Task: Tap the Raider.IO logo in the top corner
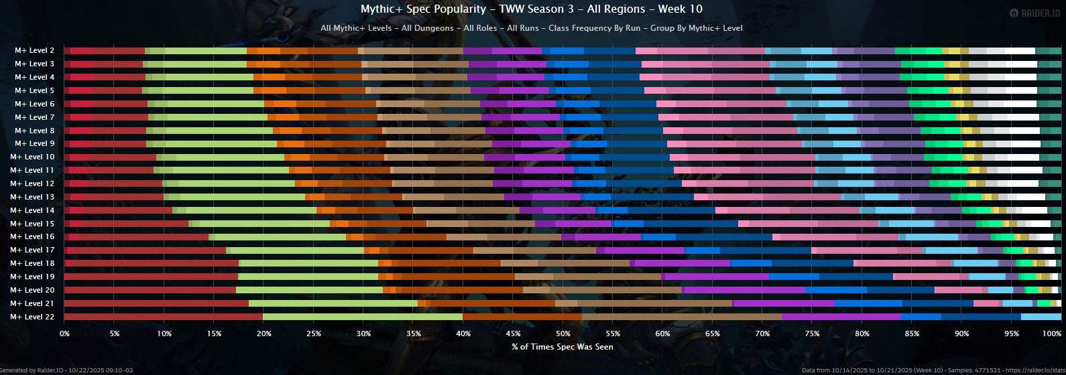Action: point(1036,13)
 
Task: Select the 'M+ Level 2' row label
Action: point(35,51)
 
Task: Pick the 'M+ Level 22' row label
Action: point(32,317)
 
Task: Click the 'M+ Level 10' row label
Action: point(32,157)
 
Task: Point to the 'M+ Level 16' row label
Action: point(32,237)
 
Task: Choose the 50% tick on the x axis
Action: point(563,333)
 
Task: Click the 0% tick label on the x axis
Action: point(64,333)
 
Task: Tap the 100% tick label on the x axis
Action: point(1052,333)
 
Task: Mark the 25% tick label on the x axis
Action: point(314,333)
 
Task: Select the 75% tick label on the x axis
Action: point(813,333)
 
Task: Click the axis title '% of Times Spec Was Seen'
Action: point(562,347)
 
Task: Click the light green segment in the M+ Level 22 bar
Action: point(363,317)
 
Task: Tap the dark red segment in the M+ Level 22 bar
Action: point(164,317)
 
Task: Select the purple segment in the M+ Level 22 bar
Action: point(841,317)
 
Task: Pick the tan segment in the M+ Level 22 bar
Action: point(682,317)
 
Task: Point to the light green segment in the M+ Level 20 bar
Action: point(309,290)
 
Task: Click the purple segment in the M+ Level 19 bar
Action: point(717,277)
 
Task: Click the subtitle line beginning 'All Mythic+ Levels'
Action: point(531,28)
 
